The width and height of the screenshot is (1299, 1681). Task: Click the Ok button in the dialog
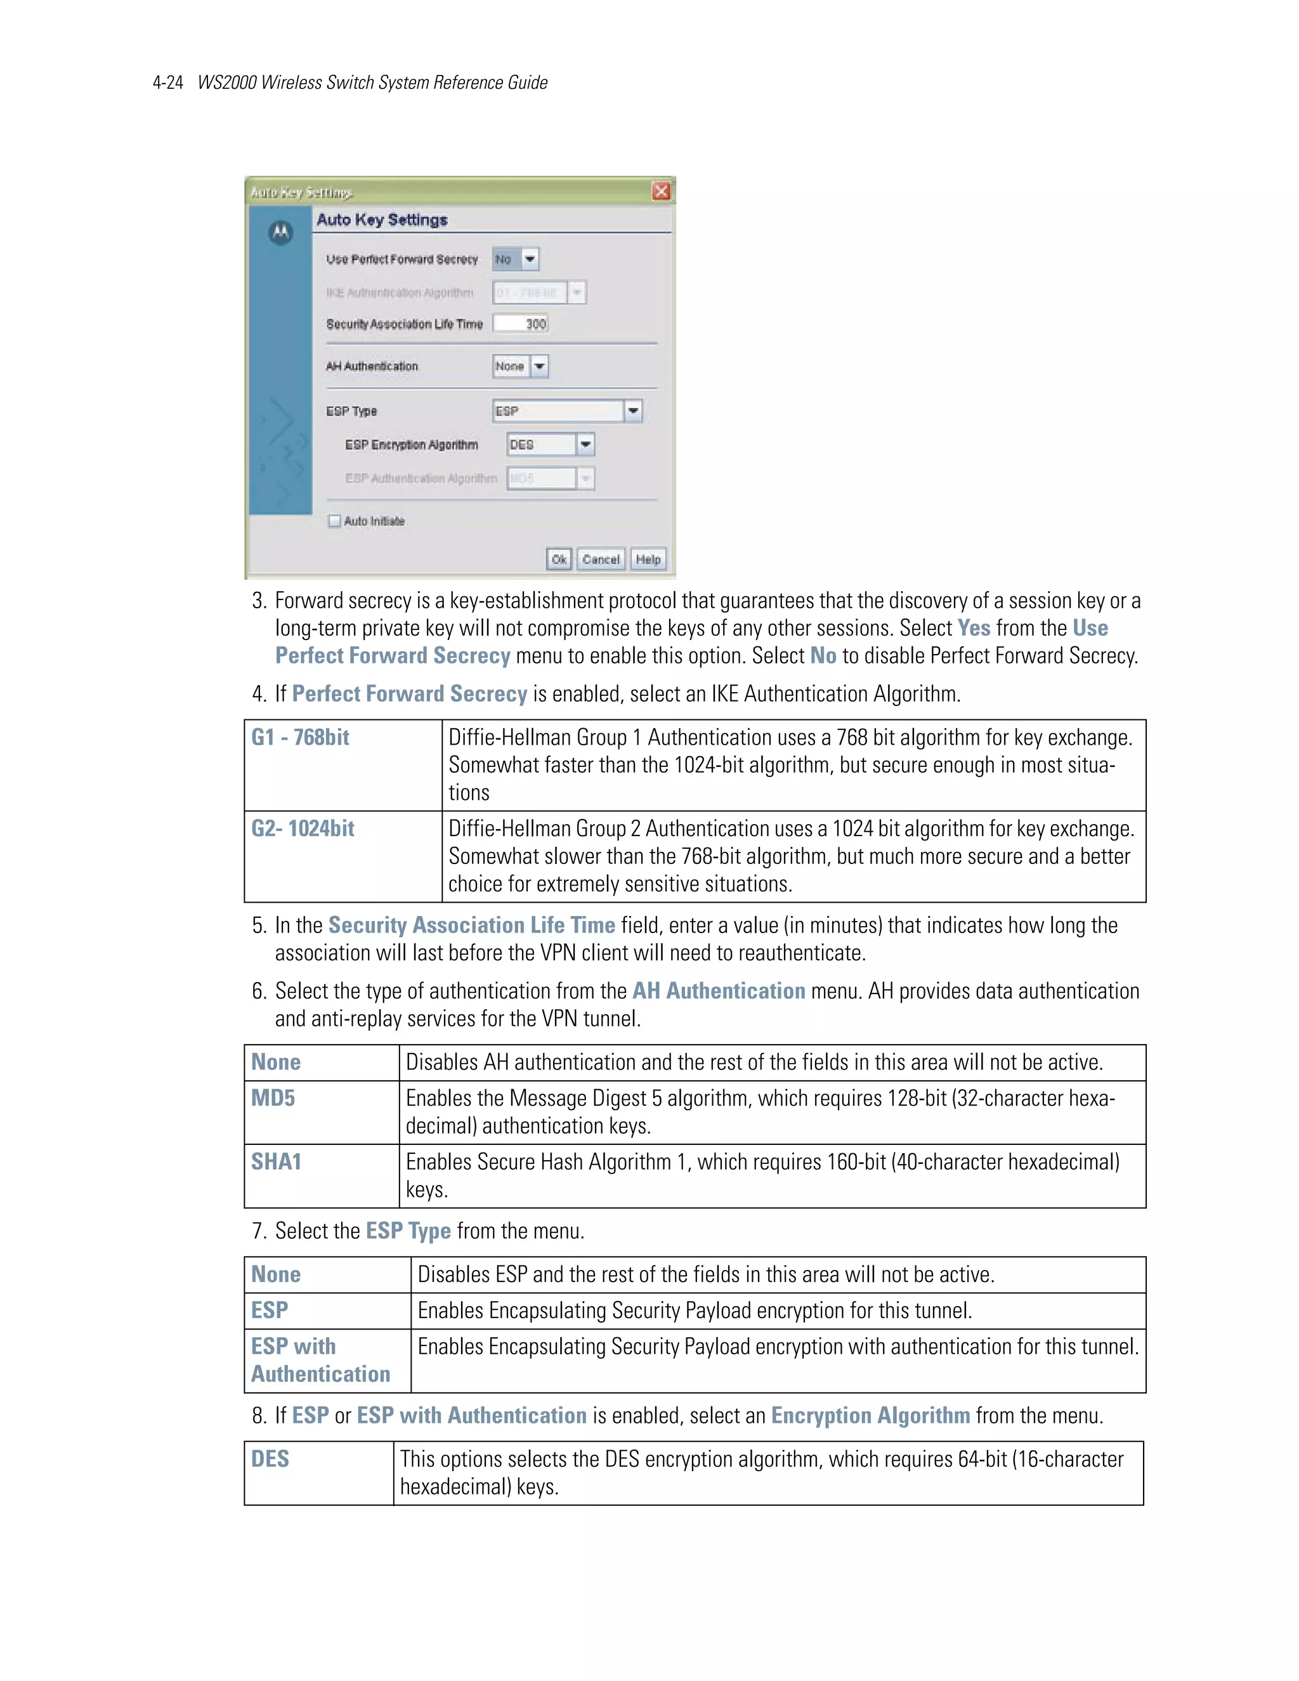coord(559,559)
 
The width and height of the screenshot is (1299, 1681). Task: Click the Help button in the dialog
coord(648,559)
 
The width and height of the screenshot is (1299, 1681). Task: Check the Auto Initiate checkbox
coord(335,521)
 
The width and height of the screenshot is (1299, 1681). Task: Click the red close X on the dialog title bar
coord(661,191)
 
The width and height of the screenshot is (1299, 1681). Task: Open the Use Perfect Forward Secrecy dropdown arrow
coord(530,259)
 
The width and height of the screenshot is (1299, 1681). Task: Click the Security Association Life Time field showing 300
coord(521,324)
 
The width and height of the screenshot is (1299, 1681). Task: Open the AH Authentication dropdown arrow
coord(540,367)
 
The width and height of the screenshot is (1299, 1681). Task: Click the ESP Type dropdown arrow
coord(632,411)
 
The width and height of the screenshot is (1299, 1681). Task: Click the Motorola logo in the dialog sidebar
coord(280,232)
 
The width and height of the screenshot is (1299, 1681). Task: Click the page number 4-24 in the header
coord(167,83)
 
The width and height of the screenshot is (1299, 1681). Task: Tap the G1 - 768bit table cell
coord(301,737)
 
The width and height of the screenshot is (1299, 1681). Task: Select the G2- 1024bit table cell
coord(303,828)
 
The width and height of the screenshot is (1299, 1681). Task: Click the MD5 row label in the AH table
coord(273,1098)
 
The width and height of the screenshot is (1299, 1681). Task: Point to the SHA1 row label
coord(277,1161)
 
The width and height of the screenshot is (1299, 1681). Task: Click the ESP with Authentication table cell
coord(321,1360)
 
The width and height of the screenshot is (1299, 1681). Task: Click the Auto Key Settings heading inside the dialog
coord(382,220)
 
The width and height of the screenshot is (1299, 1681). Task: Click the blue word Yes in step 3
coord(974,628)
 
